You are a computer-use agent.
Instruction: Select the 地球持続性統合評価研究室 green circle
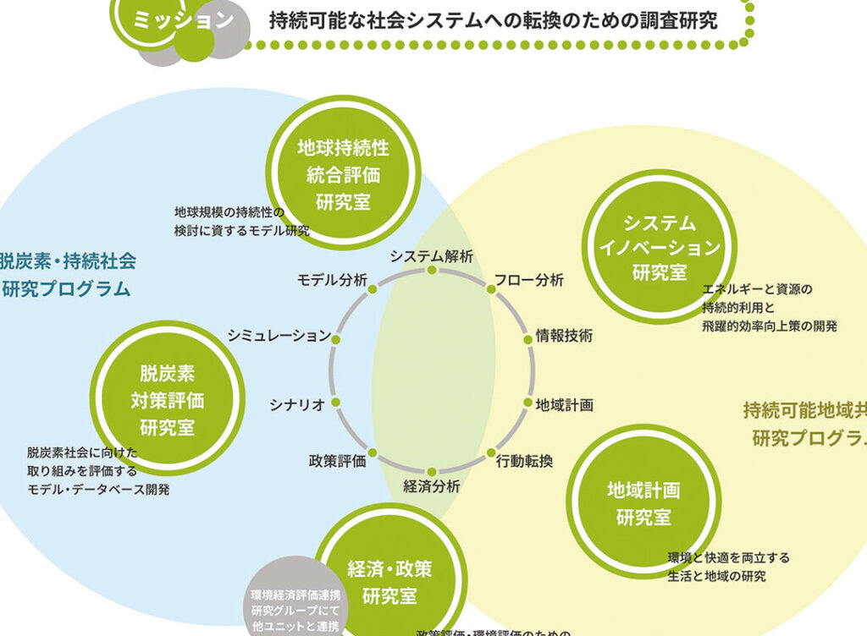click(343, 173)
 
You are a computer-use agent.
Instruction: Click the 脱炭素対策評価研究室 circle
click(167, 399)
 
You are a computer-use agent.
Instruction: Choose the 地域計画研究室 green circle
click(643, 502)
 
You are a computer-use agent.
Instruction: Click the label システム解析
click(431, 255)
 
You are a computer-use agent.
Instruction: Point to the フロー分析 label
click(529, 280)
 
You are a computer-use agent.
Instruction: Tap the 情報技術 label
click(564, 336)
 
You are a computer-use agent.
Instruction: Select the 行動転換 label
click(525, 461)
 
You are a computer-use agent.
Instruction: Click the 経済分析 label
click(432, 486)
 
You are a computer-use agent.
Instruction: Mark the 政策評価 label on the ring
click(337, 461)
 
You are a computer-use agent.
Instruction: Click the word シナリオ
click(297, 404)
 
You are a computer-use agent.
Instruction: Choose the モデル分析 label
click(332, 280)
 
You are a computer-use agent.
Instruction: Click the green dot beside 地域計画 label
click(527, 403)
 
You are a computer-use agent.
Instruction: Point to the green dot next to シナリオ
click(335, 403)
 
